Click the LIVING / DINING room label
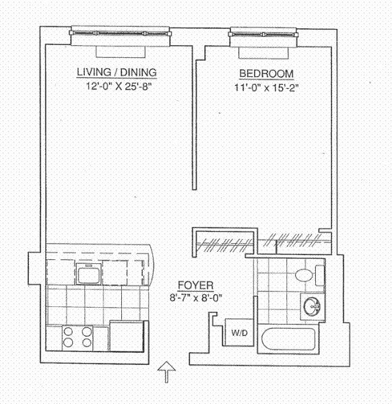[x=117, y=72]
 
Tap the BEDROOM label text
[x=267, y=73]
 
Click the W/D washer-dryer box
[x=238, y=332]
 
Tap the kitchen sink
[x=90, y=275]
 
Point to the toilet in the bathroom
[x=311, y=275]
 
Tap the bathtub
[x=291, y=339]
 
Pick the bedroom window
[x=263, y=33]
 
